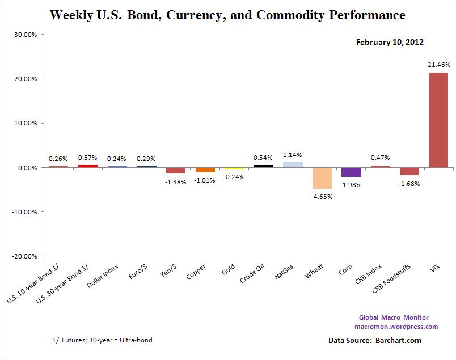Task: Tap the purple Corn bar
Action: point(352,172)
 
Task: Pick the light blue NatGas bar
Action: point(293,165)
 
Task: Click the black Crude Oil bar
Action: point(263,166)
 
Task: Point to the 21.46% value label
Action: point(438,66)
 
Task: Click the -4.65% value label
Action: point(322,196)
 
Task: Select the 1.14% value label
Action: point(293,154)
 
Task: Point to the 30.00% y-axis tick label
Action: point(26,35)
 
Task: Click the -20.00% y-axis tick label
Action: point(24,256)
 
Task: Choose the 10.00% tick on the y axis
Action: point(26,123)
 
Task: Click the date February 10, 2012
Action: point(390,42)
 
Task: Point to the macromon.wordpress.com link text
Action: point(396,327)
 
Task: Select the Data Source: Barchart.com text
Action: point(374,340)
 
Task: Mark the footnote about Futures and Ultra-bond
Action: point(102,340)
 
